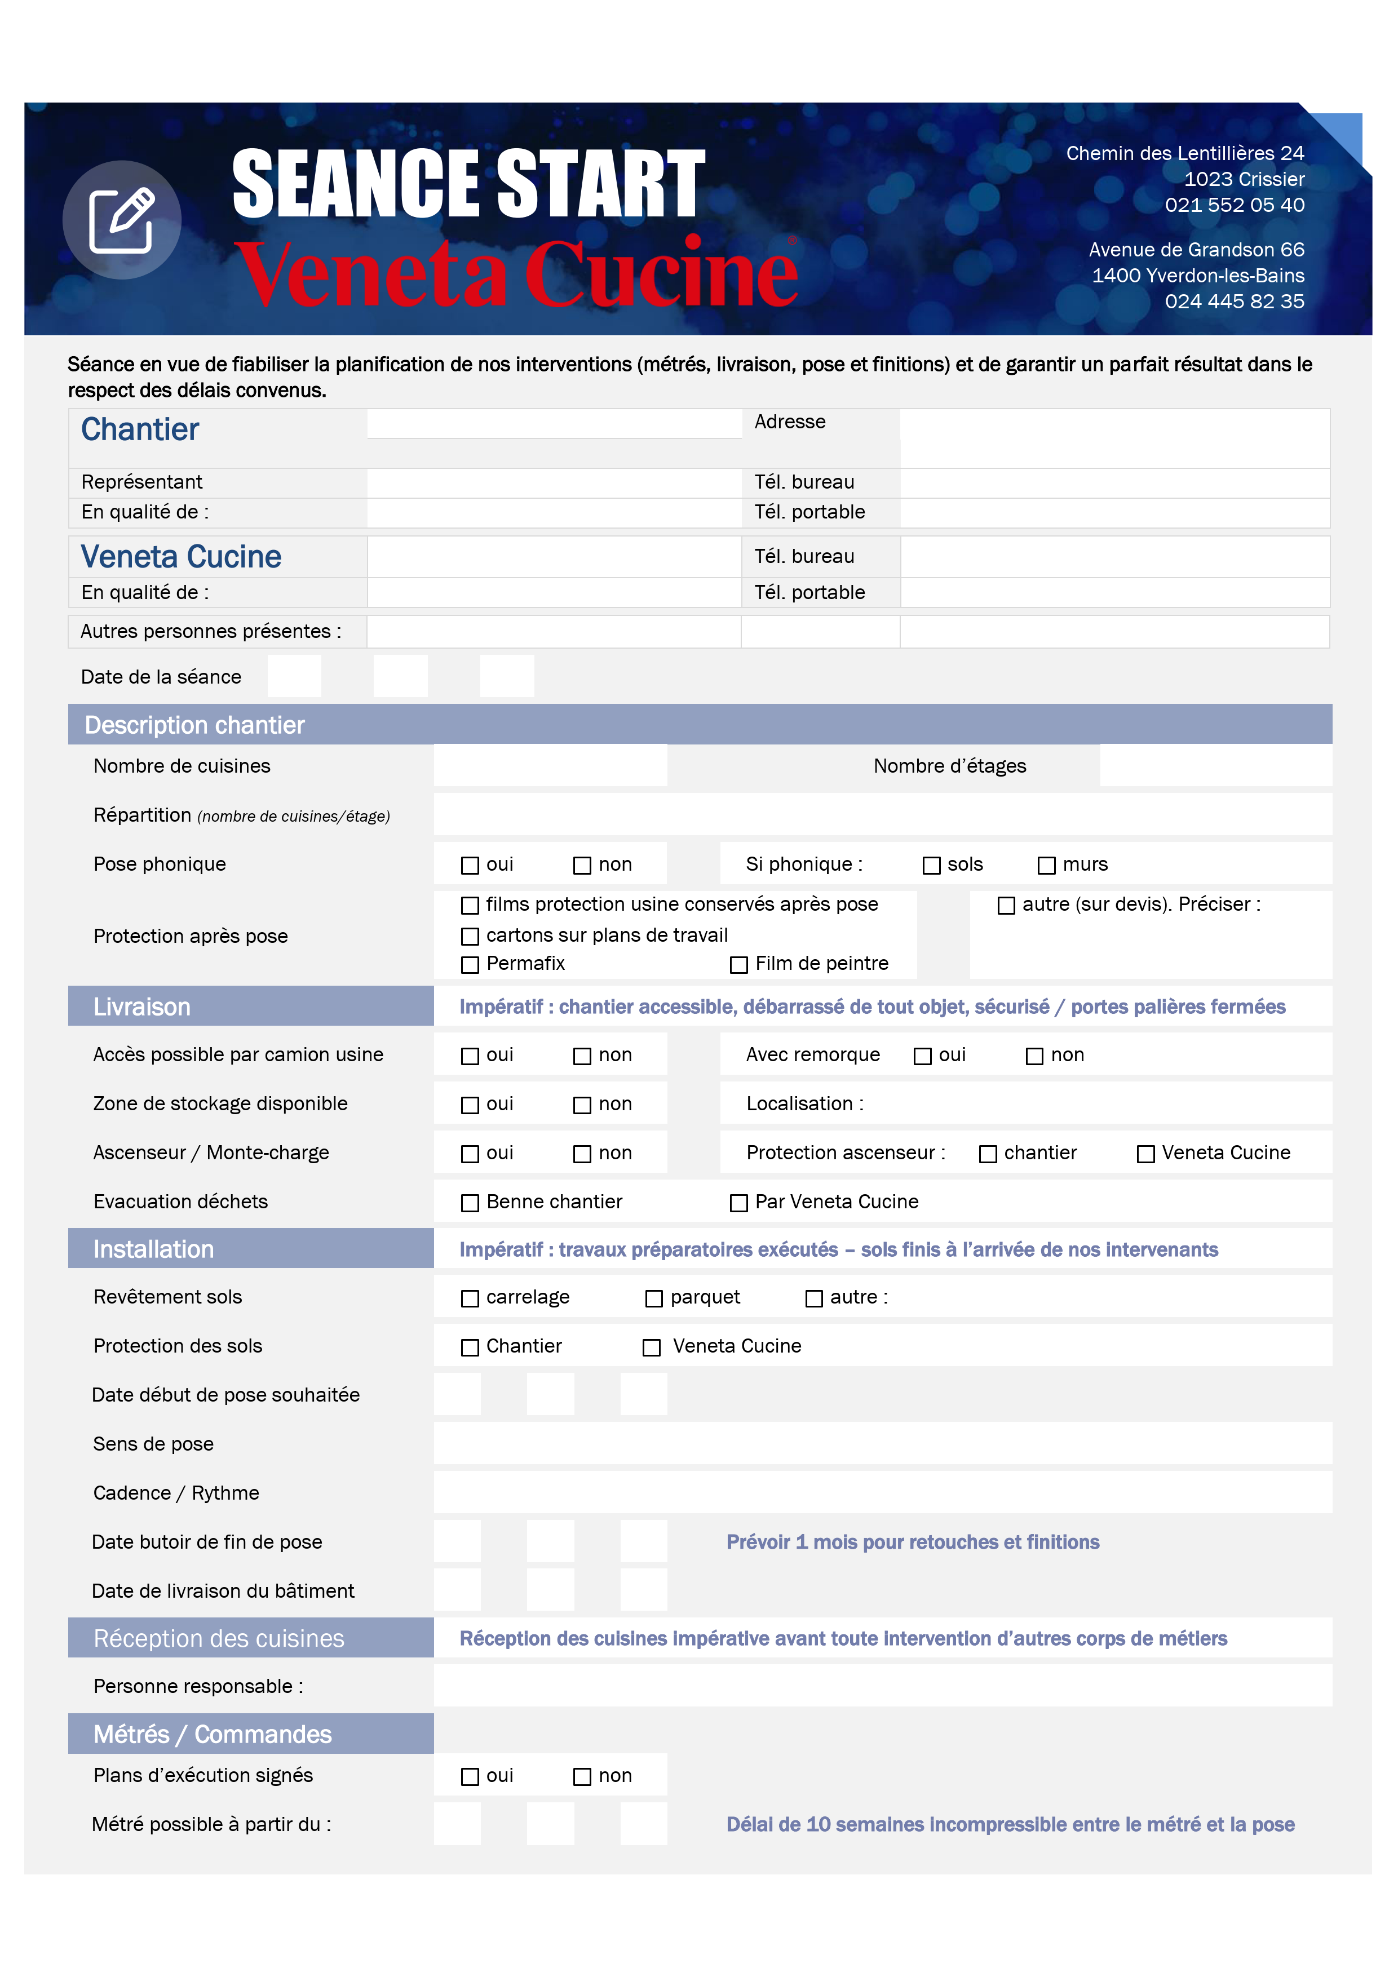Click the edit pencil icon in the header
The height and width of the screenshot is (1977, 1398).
pyautogui.click(x=121, y=220)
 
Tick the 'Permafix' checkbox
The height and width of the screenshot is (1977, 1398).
pyautogui.click(x=470, y=964)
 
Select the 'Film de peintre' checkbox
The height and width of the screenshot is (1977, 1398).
pyautogui.click(x=738, y=964)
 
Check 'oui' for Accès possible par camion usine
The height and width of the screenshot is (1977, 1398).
pyautogui.click(x=470, y=1056)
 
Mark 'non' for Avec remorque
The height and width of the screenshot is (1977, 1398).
pyautogui.click(x=1034, y=1056)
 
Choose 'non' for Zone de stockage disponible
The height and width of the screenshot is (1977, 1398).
pyautogui.click(x=582, y=1105)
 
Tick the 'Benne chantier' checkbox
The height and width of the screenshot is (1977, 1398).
pyautogui.click(x=470, y=1203)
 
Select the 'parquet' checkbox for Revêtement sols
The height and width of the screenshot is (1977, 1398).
pyautogui.click(x=654, y=1298)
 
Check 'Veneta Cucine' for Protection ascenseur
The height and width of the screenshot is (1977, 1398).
pyautogui.click(x=1145, y=1154)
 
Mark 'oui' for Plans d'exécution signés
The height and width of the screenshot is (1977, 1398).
pyautogui.click(x=470, y=1776)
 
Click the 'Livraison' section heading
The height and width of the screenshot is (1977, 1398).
pyautogui.click(x=142, y=1007)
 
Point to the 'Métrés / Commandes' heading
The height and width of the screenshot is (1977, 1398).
pyautogui.click(x=212, y=1734)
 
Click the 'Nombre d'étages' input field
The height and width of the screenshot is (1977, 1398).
pyautogui.click(x=1215, y=765)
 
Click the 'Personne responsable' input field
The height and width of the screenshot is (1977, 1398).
pyautogui.click(x=882, y=1685)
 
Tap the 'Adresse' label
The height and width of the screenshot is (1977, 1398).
pyautogui.click(x=789, y=422)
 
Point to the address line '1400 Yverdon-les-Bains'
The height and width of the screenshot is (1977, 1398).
pyautogui.click(x=1197, y=276)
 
